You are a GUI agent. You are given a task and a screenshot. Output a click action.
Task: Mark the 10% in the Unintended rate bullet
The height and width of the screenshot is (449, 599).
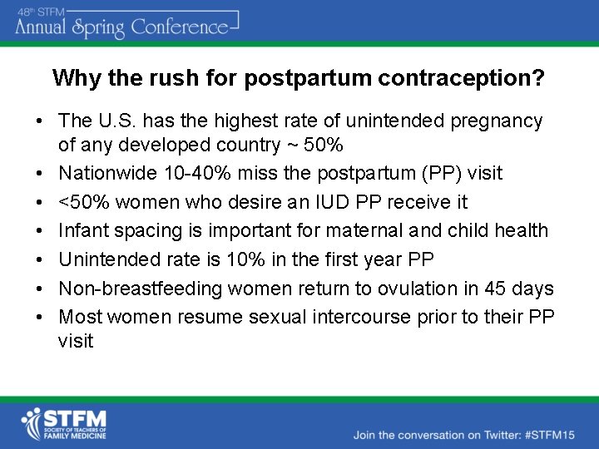(240, 259)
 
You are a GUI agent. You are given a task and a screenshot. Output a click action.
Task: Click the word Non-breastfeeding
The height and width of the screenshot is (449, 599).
(128, 289)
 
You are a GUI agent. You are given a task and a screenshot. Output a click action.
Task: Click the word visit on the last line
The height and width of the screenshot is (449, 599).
(76, 341)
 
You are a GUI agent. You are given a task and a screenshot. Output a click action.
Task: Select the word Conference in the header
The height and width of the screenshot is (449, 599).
(179, 27)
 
